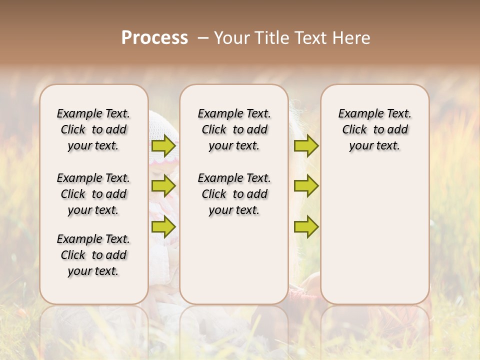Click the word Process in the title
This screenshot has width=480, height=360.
[154, 38]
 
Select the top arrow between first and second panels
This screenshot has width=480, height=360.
[163, 146]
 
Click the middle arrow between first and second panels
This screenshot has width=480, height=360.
[163, 186]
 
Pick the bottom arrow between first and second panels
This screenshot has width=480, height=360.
[163, 226]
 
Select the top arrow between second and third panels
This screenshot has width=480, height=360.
[306, 146]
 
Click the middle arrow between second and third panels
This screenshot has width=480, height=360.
[306, 186]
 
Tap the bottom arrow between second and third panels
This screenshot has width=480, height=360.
[306, 226]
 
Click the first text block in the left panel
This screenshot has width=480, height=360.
[93, 129]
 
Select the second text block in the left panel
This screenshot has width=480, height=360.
[93, 194]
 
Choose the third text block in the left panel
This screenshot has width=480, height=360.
[93, 255]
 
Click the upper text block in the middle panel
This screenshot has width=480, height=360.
[234, 129]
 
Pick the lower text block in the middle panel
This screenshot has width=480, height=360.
[234, 194]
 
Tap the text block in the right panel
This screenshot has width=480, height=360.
[375, 129]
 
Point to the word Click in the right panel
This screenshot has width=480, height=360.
[354, 130]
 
